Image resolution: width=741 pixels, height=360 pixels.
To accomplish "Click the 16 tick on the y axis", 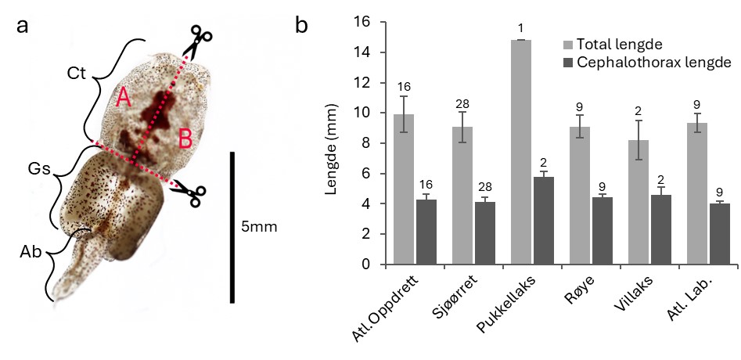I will [362, 22].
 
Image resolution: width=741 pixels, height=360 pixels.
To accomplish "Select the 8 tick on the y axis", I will [366, 143].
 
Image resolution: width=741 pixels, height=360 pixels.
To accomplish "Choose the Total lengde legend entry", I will [621, 44].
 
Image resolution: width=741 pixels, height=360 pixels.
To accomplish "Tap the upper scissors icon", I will [199, 40].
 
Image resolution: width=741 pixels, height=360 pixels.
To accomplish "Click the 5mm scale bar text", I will [259, 227].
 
